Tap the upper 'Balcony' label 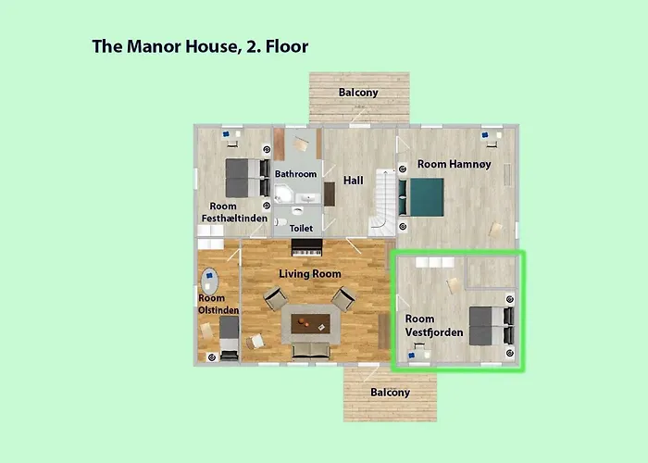pyautogui.click(x=357, y=93)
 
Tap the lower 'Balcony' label pyautogui.click(x=390, y=392)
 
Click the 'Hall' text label pyautogui.click(x=354, y=180)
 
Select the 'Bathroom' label pyautogui.click(x=295, y=174)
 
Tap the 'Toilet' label pyautogui.click(x=302, y=227)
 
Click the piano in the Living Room pyautogui.click(x=305, y=248)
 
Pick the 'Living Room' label pyautogui.click(x=310, y=273)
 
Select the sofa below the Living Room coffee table pyautogui.click(x=310, y=350)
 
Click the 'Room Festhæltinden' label pyautogui.click(x=234, y=212)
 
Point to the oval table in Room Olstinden pyautogui.click(x=210, y=281)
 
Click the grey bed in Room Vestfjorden pyautogui.click(x=486, y=325)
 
